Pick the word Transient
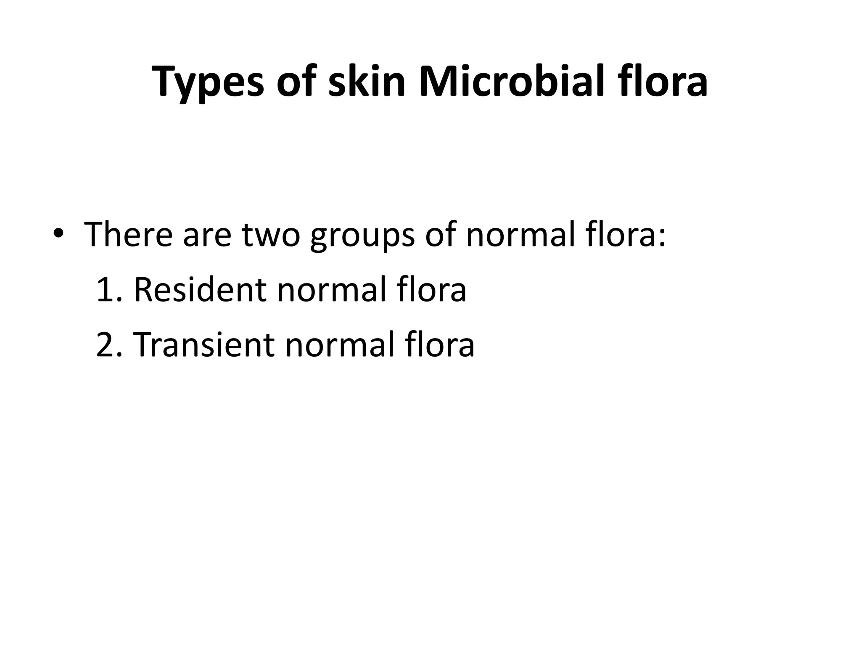(x=203, y=344)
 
